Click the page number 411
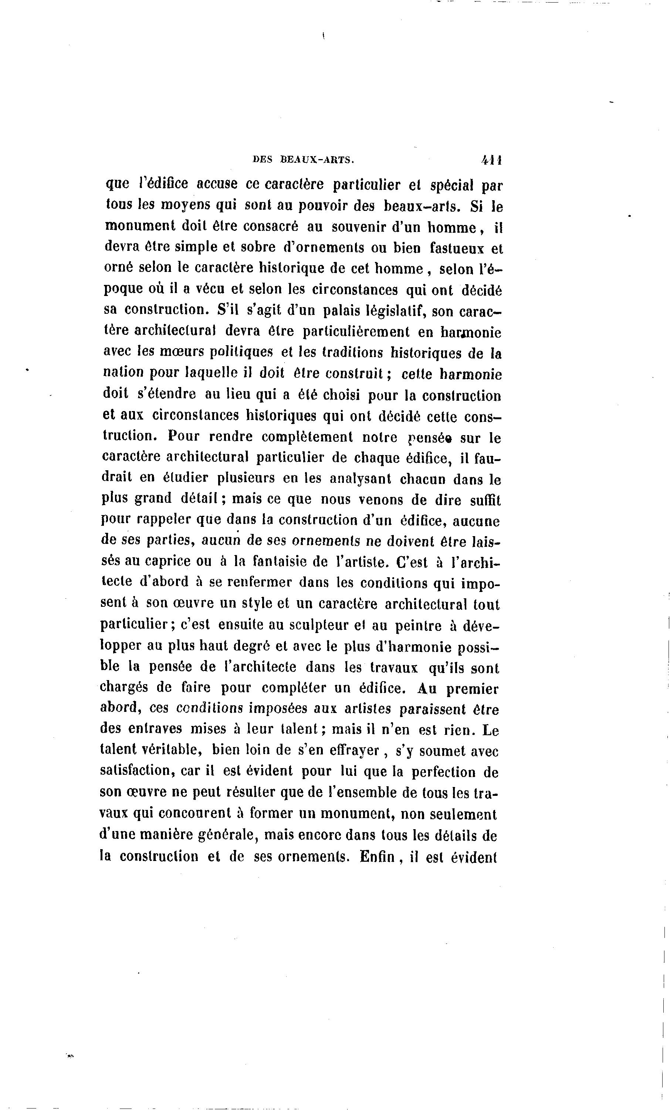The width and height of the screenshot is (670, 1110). (492, 159)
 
